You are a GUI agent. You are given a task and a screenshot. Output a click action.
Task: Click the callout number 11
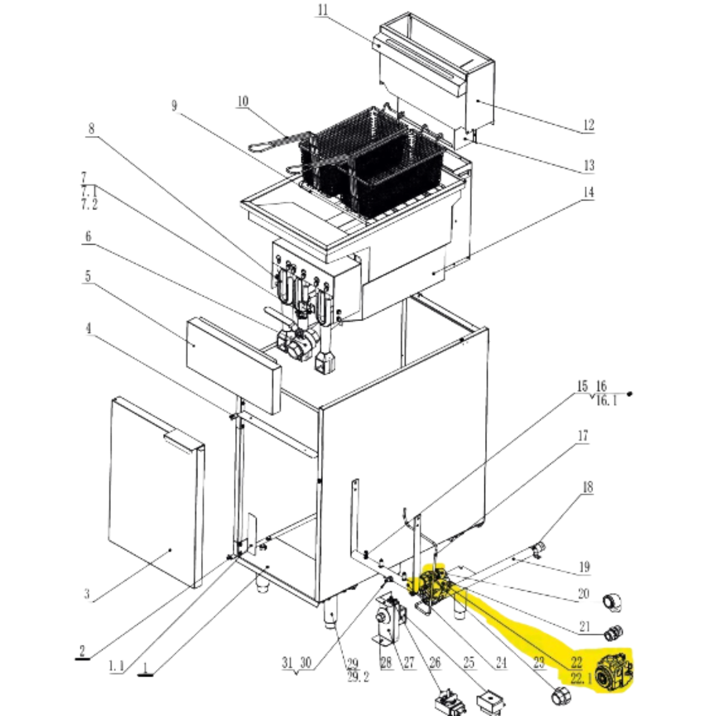[x=323, y=10]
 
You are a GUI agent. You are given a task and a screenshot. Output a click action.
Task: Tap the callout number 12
[x=588, y=125]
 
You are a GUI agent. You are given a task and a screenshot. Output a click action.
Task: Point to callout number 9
[x=174, y=106]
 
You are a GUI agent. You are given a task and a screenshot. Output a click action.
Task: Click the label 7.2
[x=89, y=204]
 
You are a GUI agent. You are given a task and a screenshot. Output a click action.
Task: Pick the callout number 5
[x=88, y=276]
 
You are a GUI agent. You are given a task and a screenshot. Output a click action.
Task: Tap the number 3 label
[x=87, y=594]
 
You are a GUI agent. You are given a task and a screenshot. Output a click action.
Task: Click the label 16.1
[x=606, y=401]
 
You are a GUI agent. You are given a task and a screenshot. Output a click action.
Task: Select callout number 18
[x=588, y=487]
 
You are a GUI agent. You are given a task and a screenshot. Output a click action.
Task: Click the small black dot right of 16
[x=629, y=394]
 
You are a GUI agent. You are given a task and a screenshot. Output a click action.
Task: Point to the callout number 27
[x=409, y=662]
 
